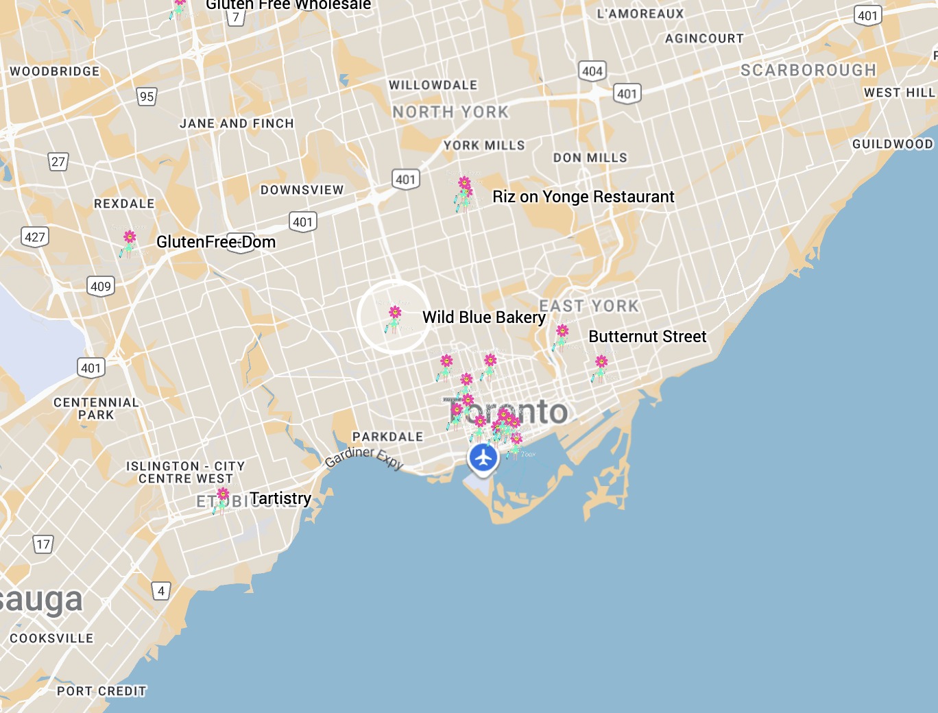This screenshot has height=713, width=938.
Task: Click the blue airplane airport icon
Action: point(483,457)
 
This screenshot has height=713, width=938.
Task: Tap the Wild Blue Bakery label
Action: point(483,317)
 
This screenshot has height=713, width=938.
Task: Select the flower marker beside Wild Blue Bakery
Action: point(394,318)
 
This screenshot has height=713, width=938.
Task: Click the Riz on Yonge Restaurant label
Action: point(583,197)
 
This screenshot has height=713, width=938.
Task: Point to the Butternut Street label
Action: point(647,337)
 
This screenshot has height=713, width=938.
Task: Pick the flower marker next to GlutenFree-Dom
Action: point(129,243)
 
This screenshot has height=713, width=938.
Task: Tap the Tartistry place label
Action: point(280,498)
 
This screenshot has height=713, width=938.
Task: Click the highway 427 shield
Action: point(35,237)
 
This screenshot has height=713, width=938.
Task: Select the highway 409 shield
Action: point(101,287)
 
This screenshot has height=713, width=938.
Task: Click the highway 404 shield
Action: point(592,71)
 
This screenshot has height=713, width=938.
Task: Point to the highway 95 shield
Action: point(147,97)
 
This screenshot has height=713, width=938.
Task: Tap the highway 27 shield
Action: point(58,162)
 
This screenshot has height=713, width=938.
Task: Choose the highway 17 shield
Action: point(43,544)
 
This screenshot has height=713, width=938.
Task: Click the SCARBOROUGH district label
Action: point(808,71)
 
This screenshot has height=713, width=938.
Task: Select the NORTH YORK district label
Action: point(450,112)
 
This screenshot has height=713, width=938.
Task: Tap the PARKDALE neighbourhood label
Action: point(387,437)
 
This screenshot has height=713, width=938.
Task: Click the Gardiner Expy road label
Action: point(364,457)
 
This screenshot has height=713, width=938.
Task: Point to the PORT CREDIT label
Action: point(101,691)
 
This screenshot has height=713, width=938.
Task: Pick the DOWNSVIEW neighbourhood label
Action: point(302,190)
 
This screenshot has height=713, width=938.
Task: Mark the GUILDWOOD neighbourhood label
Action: point(892,144)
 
